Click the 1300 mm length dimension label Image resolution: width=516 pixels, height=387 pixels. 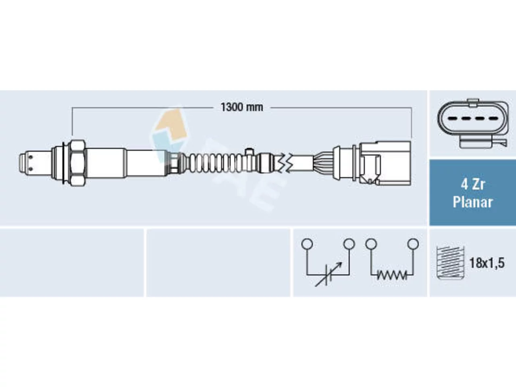point(241,107)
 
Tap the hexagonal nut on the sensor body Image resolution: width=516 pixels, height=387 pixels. point(77,163)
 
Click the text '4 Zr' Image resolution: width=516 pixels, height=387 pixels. point(473,185)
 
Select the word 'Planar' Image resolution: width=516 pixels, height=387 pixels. point(473,202)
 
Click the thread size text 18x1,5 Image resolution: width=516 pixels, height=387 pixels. point(487,263)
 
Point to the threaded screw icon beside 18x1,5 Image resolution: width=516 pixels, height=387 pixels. point(450,263)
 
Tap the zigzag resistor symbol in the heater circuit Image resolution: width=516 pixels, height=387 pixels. point(392,275)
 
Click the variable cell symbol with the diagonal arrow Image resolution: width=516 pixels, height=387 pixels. point(328,275)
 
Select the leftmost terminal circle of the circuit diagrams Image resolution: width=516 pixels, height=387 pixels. point(307,243)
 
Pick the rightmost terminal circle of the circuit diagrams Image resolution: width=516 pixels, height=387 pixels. point(413,243)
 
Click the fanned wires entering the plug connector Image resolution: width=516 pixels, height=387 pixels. point(323,163)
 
